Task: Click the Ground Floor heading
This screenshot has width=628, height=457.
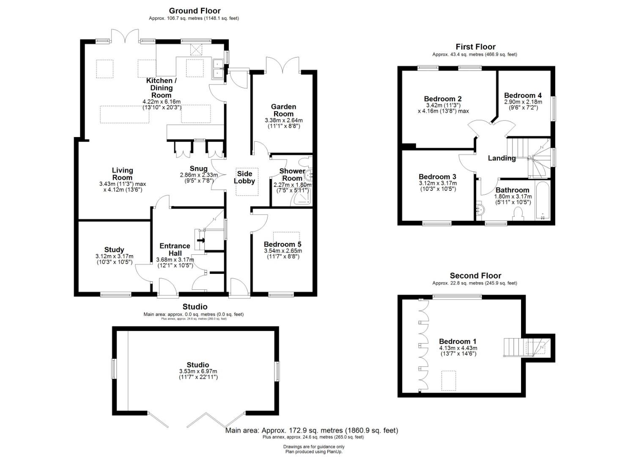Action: pos(195,11)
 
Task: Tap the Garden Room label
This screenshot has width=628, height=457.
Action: pos(283,110)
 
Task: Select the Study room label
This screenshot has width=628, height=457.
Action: pos(114,250)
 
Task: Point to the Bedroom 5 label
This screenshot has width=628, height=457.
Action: pos(282,244)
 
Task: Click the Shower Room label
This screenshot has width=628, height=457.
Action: pos(292,174)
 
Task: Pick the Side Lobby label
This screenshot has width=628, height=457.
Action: pos(244,177)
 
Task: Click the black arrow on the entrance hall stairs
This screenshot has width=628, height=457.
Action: pos(201,240)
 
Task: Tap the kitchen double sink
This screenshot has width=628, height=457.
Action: pos(218,69)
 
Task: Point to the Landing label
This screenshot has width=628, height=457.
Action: pos(502,158)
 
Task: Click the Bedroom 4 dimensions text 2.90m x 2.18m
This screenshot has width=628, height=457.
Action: pos(523,102)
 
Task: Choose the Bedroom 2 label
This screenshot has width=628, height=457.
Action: pos(443,99)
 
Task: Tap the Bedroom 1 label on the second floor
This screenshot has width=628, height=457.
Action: pos(458,341)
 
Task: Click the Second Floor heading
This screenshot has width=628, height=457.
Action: pos(475,276)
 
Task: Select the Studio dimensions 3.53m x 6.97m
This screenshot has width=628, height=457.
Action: pos(198,371)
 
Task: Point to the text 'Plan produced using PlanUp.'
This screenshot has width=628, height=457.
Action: pos(314,451)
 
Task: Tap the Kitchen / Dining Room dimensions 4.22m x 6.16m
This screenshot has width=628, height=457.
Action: pos(162,102)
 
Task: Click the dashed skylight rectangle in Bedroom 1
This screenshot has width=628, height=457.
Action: pos(449,381)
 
